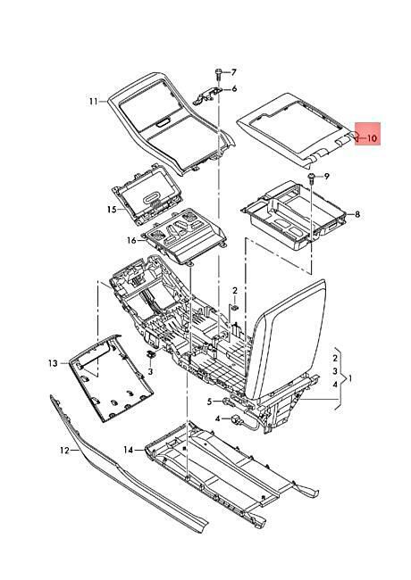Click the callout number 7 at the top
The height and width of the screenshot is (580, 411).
coord(233,72)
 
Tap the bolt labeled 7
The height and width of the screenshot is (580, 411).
coord(218,74)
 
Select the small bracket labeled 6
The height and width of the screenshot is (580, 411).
coord(207,95)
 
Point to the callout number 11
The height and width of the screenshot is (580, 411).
coord(93,101)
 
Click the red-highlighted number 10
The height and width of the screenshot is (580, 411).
coord(372,138)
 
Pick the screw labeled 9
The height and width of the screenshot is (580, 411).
coord(311,178)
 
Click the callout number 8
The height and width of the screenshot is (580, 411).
coord(357,214)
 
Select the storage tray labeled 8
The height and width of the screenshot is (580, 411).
coord(294,215)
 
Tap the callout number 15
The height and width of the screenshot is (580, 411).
coord(112,210)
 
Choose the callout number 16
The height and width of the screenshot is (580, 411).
coord(132,241)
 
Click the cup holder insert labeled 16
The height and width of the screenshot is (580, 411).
coord(184,236)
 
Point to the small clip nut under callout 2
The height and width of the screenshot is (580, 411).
coord(235,307)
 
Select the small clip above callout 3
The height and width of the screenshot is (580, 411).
coord(151,354)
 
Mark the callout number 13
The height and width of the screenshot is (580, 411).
coord(53,363)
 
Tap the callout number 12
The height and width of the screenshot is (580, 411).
coord(64,450)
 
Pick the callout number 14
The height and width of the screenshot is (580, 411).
coord(128,450)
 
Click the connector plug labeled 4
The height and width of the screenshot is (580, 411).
coord(236,419)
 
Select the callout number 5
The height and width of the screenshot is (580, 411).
coord(210,402)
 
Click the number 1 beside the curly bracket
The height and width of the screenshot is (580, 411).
coord(350,379)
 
